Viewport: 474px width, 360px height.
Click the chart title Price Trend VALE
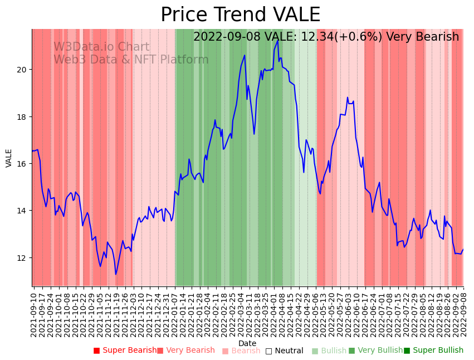pyautogui.click(x=240, y=15)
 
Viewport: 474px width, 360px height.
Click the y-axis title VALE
pyautogui.click(x=9, y=158)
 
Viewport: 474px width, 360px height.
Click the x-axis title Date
pyautogui.click(x=247, y=344)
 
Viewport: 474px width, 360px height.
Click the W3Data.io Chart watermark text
pyautogui.click(x=101, y=47)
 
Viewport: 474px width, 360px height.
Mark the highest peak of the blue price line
pyautogui.click(x=277, y=40)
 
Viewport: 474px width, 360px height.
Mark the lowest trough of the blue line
pyautogui.click(x=116, y=274)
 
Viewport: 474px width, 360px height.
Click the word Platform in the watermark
pyautogui.click(x=184, y=60)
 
